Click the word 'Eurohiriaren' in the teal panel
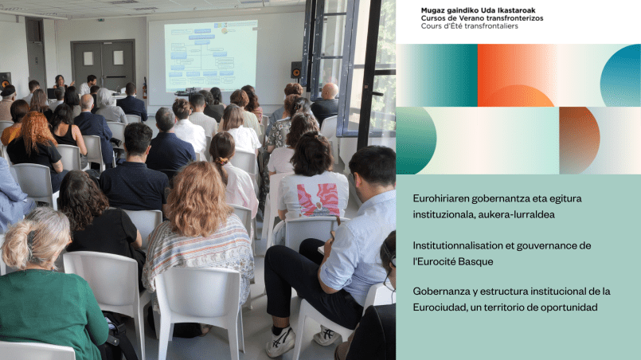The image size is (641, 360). coord(440,199)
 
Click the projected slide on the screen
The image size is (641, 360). coord(210,56)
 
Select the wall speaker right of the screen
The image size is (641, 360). coord(296,70)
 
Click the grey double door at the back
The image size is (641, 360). coord(103,65)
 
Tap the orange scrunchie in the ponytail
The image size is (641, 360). coord(221,161)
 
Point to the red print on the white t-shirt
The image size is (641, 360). coord(319,200)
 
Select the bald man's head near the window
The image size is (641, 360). coord(330,91)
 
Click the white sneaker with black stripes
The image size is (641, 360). coord(280,342)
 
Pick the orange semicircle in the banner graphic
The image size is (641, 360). coord(517,96)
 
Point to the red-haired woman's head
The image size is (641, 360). coord(36,127)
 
